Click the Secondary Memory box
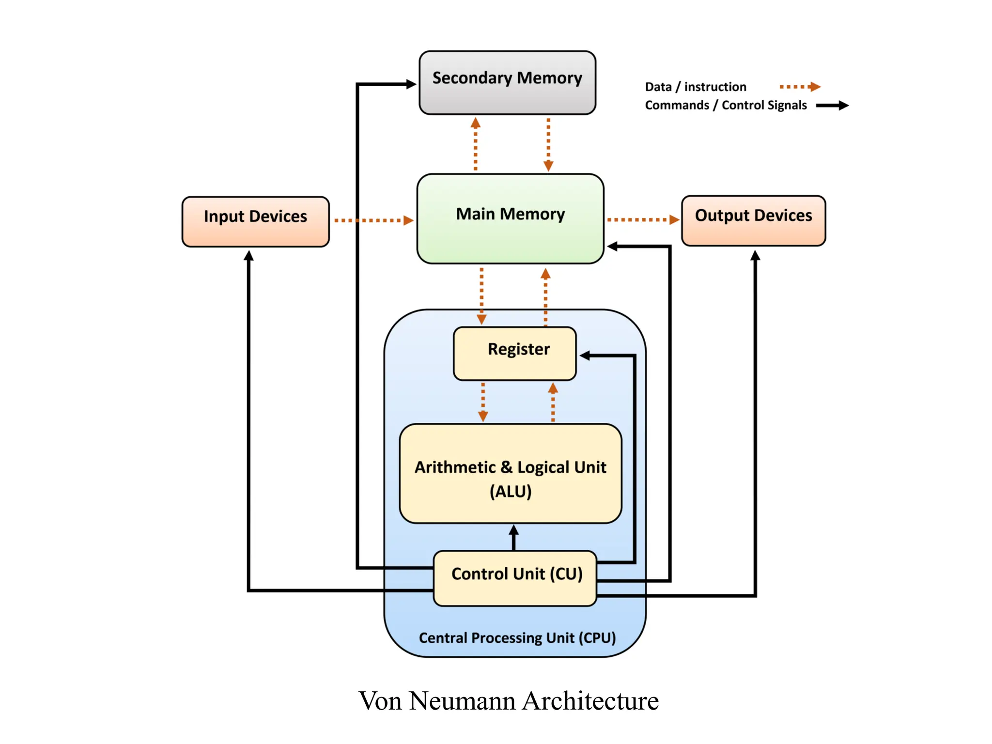click(507, 82)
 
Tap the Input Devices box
click(255, 221)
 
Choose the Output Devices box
click(753, 220)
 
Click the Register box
click(514, 353)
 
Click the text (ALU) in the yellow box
click(511, 492)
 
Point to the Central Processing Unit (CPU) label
click(517, 637)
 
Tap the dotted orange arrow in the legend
click(800, 87)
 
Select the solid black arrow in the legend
click(832, 105)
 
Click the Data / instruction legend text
click(695, 87)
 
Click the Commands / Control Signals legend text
click(725, 105)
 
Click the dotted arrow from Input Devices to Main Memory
click(373, 220)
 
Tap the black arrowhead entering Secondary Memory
click(411, 84)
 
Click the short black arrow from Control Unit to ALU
click(514, 537)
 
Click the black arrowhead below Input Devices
click(248, 256)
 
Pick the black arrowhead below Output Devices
click(755, 255)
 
